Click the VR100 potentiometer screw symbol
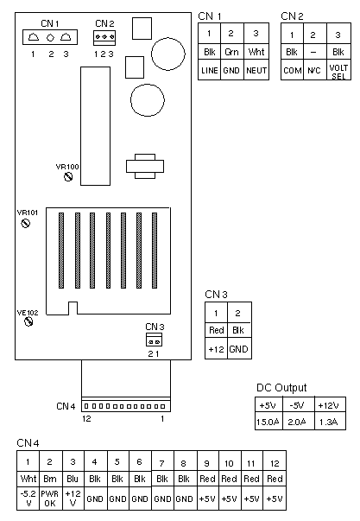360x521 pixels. (68, 177)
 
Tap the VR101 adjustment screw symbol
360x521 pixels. (26, 223)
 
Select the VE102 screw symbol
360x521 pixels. (28, 321)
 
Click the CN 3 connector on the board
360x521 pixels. (154, 340)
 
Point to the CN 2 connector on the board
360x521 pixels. (104, 37)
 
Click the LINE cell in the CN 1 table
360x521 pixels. (210, 70)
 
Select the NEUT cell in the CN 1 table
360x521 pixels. (256, 70)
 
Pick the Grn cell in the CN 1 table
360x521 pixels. (232, 52)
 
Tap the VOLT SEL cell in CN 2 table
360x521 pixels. (338, 71)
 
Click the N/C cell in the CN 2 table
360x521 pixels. (314, 71)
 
